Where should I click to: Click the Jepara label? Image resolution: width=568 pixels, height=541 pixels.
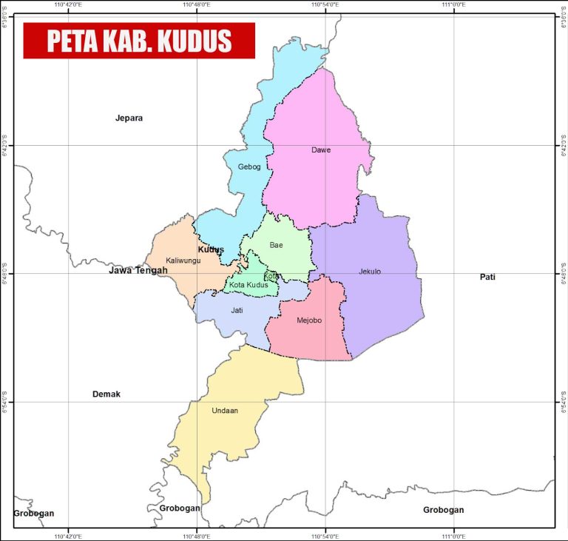[x=129, y=118]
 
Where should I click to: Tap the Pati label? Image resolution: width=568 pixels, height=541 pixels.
[x=487, y=277]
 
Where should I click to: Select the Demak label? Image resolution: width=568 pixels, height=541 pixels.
[x=106, y=394]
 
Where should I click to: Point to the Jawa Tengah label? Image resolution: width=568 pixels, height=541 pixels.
[x=138, y=270]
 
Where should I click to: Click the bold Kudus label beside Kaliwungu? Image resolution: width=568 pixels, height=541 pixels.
[x=211, y=249]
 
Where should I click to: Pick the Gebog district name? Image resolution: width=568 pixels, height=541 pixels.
[x=249, y=167]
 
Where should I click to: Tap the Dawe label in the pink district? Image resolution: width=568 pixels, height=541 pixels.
[x=321, y=150]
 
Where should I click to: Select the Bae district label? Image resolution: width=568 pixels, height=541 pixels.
[x=276, y=245]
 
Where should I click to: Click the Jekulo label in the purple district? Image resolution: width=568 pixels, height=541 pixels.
[x=370, y=272]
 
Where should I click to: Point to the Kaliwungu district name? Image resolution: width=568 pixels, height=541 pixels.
[x=183, y=261]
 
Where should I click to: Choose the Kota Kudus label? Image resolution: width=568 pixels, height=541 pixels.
[x=248, y=285]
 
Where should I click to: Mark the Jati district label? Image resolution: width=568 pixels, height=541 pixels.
[x=237, y=310]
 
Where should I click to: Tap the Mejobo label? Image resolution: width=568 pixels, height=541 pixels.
[x=309, y=320]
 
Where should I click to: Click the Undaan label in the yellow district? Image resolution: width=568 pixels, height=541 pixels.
[x=225, y=411]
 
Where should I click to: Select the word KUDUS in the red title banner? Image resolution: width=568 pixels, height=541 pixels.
[x=195, y=41]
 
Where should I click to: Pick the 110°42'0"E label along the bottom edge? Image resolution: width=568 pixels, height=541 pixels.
[x=68, y=536]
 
